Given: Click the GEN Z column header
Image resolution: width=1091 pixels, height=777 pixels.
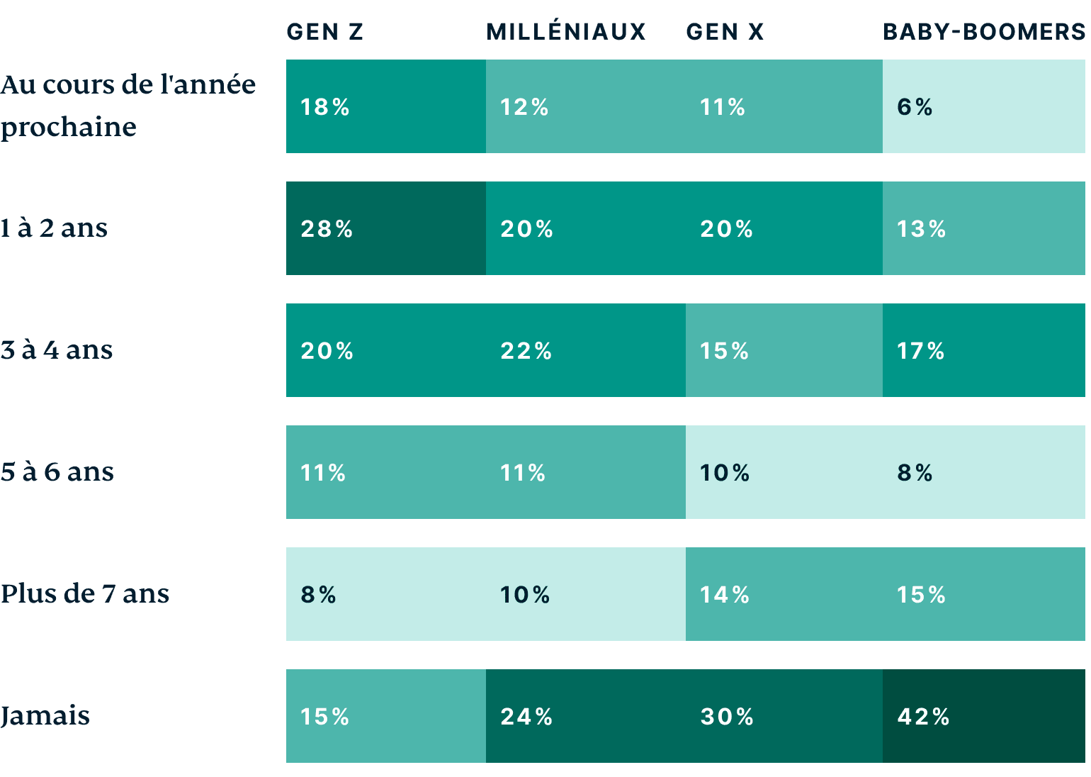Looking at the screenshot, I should tap(325, 32).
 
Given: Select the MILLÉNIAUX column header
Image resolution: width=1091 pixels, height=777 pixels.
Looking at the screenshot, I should tap(566, 32).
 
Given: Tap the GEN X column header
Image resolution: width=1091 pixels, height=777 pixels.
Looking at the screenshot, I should tap(725, 32).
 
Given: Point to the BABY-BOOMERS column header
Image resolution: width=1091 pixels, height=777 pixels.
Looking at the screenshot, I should tap(983, 32).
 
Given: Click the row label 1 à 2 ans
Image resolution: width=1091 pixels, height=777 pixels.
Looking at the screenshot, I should tap(54, 228).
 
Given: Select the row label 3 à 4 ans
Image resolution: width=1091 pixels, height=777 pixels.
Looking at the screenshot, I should tap(57, 350).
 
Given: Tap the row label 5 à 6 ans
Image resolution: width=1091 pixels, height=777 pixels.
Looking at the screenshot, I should tap(57, 472).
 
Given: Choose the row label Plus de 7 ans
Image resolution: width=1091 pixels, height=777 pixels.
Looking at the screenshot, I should tap(85, 594).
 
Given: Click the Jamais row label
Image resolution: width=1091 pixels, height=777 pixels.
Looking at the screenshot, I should tap(45, 716).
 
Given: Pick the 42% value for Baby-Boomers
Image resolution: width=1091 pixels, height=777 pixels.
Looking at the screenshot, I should tap(923, 717).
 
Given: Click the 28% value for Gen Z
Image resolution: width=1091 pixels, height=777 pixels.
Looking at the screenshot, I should tap(327, 229).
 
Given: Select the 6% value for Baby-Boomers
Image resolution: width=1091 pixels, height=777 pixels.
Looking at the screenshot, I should tap(915, 107).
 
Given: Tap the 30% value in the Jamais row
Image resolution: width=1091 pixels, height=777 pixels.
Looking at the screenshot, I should tap(727, 717).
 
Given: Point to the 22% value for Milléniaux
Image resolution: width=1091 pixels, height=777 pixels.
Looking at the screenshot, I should tap(526, 351).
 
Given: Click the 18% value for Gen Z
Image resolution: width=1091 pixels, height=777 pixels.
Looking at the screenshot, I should tap(325, 107).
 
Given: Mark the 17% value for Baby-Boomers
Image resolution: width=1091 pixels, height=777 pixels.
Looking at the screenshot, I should tap(921, 351).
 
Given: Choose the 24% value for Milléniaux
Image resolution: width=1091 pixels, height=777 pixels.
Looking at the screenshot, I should tap(526, 717).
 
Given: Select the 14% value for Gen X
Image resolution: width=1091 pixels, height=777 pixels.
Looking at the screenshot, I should tap(725, 595).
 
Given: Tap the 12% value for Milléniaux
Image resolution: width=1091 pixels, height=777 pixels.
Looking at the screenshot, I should tap(524, 107).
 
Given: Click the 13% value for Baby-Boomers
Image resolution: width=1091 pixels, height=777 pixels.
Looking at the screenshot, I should tap(922, 229).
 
